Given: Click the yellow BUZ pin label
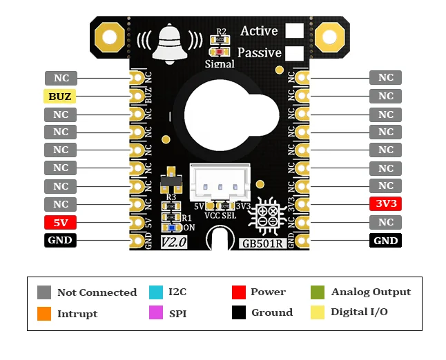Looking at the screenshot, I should pyautogui.click(x=61, y=96).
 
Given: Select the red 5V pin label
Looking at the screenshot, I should pyautogui.click(x=61, y=223).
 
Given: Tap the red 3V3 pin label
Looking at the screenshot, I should pyautogui.click(x=386, y=204).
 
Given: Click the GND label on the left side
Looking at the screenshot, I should pyautogui.click(x=61, y=241).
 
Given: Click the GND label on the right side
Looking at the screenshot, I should pyautogui.click(x=386, y=241).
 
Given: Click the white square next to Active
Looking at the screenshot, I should pyautogui.click(x=295, y=31).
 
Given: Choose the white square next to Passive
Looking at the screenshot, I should pyautogui.click(x=295, y=53).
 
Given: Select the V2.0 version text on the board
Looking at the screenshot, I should pyautogui.click(x=175, y=243).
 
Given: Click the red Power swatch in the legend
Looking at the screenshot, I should pyautogui.click(x=239, y=292).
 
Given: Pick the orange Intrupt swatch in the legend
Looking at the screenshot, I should pyautogui.click(x=44, y=314).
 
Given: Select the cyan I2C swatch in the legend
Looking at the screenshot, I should pyautogui.click(x=155, y=292).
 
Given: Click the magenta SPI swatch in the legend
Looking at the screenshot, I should pyautogui.click(x=155, y=313).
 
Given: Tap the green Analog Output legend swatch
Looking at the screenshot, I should pyautogui.click(x=318, y=292).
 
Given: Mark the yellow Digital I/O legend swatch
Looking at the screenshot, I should pyautogui.click(x=318, y=312).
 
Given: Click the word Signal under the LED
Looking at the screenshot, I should pyautogui.click(x=220, y=64).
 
